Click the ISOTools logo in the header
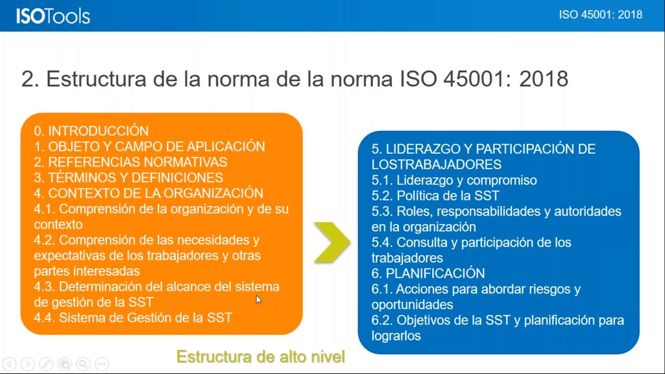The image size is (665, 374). pos(53,16)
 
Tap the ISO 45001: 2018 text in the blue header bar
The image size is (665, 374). pos(600,15)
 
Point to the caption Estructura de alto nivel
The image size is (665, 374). pos(260,357)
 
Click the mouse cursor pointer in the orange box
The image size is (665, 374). pos(258,299)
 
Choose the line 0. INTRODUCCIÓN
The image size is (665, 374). pos(91,131)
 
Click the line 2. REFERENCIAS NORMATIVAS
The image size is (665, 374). pos(130,162)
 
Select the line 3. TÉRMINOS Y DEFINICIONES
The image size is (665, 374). pos(128,178)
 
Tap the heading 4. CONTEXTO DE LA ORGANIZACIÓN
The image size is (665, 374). pos(149,193)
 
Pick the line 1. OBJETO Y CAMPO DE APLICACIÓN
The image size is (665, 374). pos(150,146)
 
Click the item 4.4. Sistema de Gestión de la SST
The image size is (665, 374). pos(133,317)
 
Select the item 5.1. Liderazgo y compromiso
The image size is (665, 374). pos(454,180)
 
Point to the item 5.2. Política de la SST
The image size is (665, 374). pos(435,196)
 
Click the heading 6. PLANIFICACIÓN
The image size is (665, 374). pos(428,273)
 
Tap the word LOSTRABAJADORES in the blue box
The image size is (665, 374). pos(436,165)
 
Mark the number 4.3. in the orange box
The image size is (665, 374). pos(45,287)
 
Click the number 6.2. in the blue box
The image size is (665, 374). pos(382,320)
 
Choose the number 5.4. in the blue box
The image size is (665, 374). pos(382,243)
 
